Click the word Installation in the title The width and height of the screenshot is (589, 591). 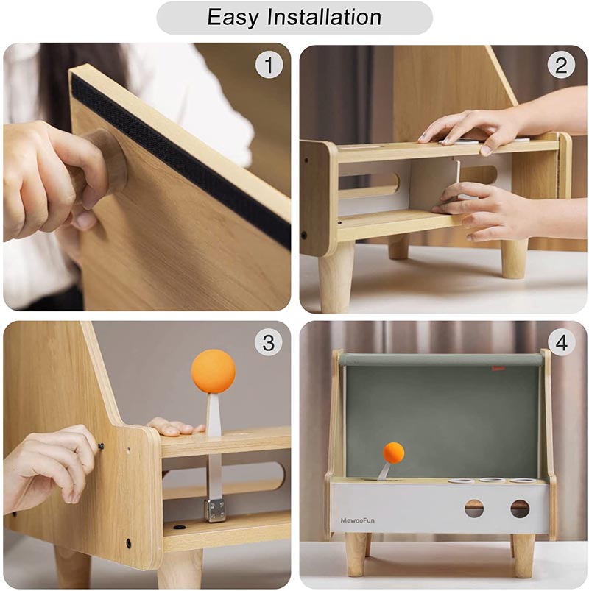[x=324, y=17]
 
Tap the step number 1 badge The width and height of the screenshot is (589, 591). [x=269, y=65]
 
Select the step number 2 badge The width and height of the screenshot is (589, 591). [x=561, y=65]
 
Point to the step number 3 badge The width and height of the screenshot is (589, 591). [x=268, y=343]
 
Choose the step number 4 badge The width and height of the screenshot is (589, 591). [x=562, y=343]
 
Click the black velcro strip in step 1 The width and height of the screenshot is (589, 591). [x=181, y=158]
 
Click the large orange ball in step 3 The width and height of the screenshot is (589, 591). [x=213, y=372]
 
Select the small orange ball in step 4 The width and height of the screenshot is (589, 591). [x=393, y=453]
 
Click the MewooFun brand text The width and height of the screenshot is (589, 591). [x=357, y=520]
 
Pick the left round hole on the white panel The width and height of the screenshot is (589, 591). [x=474, y=508]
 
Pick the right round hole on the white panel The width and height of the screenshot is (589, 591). [x=520, y=509]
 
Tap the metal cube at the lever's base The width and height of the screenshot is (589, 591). [x=215, y=510]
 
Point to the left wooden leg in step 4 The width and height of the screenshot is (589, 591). [x=356, y=554]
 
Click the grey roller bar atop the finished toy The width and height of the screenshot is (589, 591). [x=441, y=360]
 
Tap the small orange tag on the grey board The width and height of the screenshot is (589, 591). [x=499, y=369]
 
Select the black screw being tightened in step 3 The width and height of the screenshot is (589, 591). [x=101, y=447]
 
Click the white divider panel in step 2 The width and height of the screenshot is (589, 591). [x=434, y=185]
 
